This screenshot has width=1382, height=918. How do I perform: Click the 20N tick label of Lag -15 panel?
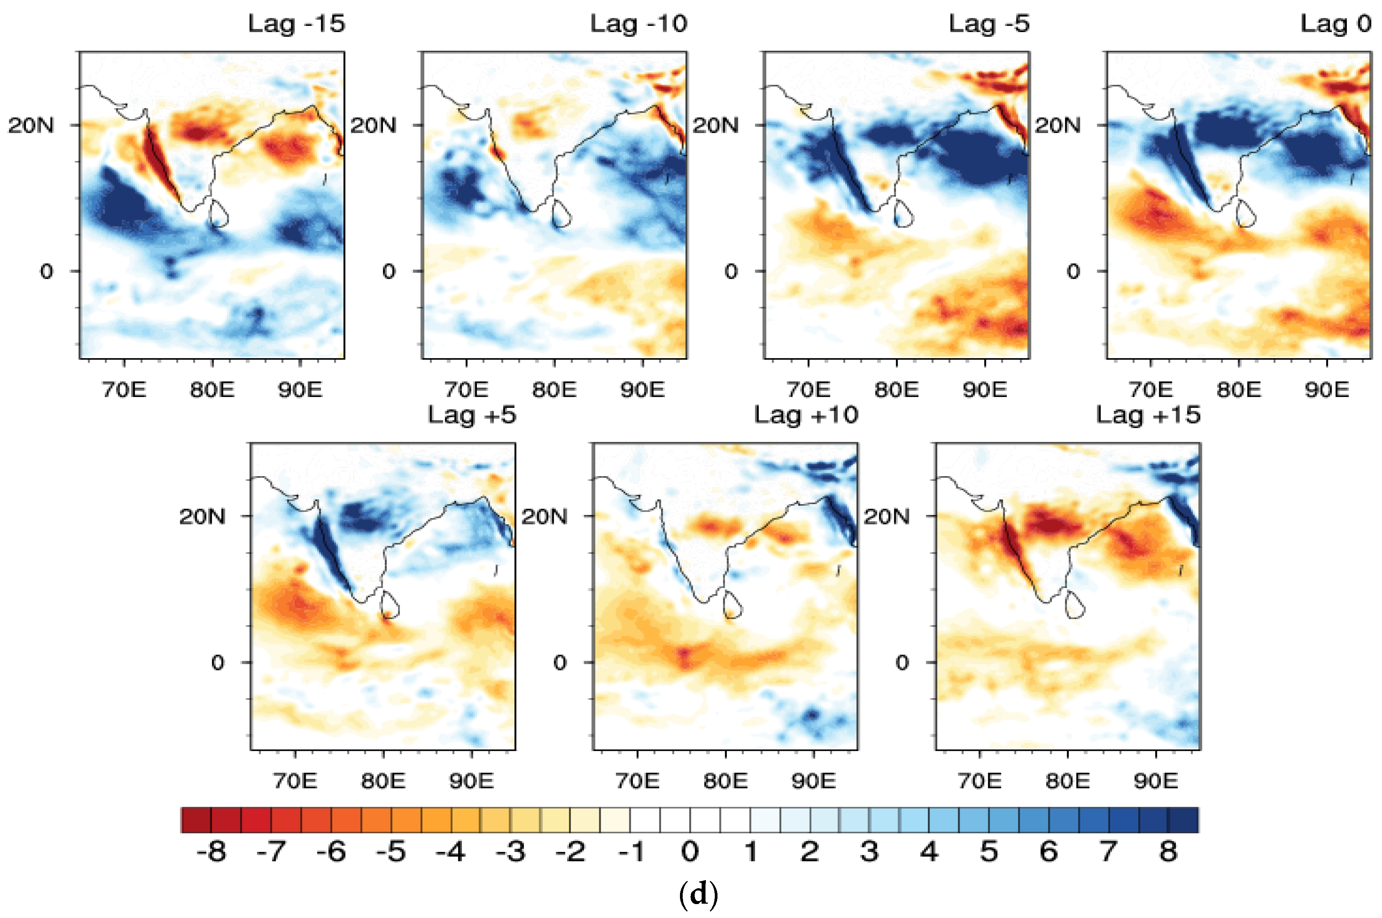click(x=31, y=125)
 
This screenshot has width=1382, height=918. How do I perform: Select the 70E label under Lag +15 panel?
click(x=979, y=781)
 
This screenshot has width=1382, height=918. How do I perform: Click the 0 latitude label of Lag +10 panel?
click(x=560, y=663)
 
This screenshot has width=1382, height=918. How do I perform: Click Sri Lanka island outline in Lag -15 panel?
click(x=218, y=214)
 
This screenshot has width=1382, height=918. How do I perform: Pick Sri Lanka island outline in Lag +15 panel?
click(x=1074, y=605)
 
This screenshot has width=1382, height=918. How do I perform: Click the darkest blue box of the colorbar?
click(x=1183, y=820)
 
